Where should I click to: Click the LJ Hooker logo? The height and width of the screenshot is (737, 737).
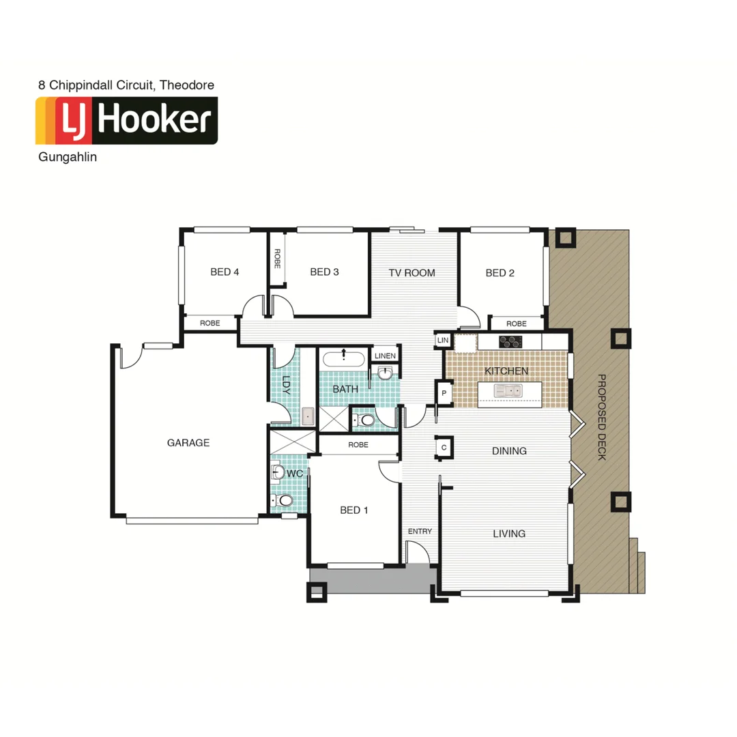(127, 121)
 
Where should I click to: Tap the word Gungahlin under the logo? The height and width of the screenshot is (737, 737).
(68, 158)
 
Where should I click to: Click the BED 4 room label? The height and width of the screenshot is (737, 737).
(225, 272)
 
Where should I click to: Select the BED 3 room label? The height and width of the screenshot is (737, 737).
(324, 272)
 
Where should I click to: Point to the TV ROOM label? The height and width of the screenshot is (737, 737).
(411, 273)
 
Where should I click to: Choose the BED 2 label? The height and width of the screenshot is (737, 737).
(500, 273)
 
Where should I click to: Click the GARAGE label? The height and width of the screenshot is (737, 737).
(188, 443)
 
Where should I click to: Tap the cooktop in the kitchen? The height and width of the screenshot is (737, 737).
(510, 341)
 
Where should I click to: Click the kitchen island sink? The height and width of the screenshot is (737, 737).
(509, 390)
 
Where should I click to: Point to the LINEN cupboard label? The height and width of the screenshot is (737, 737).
(385, 356)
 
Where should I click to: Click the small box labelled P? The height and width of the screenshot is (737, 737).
(444, 393)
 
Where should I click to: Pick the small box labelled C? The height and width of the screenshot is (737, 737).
(444, 447)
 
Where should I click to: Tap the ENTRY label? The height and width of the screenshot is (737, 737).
(420, 532)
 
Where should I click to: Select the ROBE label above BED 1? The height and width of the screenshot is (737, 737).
(358, 445)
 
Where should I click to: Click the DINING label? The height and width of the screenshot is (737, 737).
(509, 451)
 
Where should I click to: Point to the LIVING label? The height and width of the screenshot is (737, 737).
(509, 534)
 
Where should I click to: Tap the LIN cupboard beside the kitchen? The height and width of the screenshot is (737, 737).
(443, 340)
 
